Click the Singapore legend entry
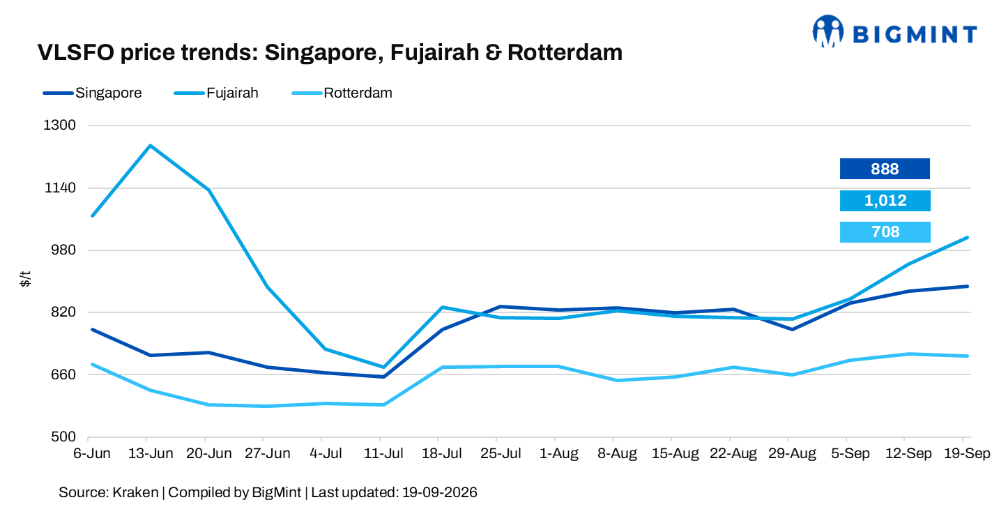click(x=93, y=93)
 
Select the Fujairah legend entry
click(x=216, y=93)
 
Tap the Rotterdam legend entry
click(x=342, y=93)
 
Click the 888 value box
click(x=885, y=169)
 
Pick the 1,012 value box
click(x=885, y=201)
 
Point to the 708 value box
click(x=885, y=232)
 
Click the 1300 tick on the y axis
click(x=59, y=125)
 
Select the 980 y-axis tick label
click(x=63, y=250)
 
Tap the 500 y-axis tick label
click(x=63, y=437)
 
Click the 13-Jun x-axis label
click(x=151, y=453)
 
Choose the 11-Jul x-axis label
click(x=383, y=453)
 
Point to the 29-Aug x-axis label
click(x=792, y=453)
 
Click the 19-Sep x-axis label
click(x=967, y=453)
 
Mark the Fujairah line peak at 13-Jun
click(x=151, y=145)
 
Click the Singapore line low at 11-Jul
click(x=383, y=377)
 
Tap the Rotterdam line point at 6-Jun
click(x=92, y=364)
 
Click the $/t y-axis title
click(x=25, y=279)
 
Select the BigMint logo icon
click(x=827, y=31)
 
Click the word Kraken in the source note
click(x=135, y=492)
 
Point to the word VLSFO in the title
click(x=76, y=52)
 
